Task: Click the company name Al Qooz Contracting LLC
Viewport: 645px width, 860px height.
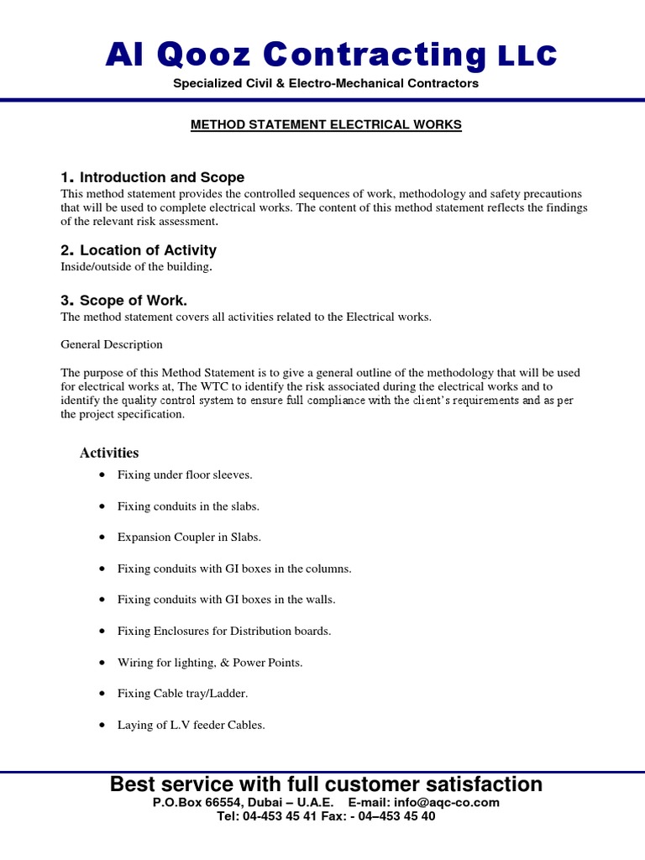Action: click(x=330, y=55)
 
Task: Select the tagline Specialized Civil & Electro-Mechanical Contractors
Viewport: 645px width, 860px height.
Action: click(x=326, y=84)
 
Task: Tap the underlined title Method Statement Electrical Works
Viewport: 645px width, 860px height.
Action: click(x=326, y=125)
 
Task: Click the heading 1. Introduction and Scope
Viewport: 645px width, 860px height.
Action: click(x=153, y=177)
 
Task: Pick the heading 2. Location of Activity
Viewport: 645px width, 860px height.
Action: click(x=139, y=250)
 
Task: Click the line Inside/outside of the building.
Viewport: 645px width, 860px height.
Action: click(x=137, y=267)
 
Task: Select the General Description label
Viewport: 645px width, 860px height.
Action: click(x=112, y=345)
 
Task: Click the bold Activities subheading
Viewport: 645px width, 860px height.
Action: click(x=109, y=454)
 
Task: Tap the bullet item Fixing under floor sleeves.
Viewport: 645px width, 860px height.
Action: click(x=185, y=475)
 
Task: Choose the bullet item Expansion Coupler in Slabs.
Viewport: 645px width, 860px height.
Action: click(x=189, y=537)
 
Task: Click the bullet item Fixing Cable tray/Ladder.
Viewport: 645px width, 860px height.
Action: click(x=182, y=694)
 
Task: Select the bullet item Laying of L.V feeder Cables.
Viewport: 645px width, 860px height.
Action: click(x=191, y=726)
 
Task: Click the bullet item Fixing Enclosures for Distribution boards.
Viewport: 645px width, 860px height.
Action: click(x=224, y=632)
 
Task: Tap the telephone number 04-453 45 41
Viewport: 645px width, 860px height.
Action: click(x=288, y=816)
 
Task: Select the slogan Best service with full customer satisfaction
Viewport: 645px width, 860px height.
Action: click(x=326, y=784)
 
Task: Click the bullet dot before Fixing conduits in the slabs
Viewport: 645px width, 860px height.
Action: click(x=102, y=506)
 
